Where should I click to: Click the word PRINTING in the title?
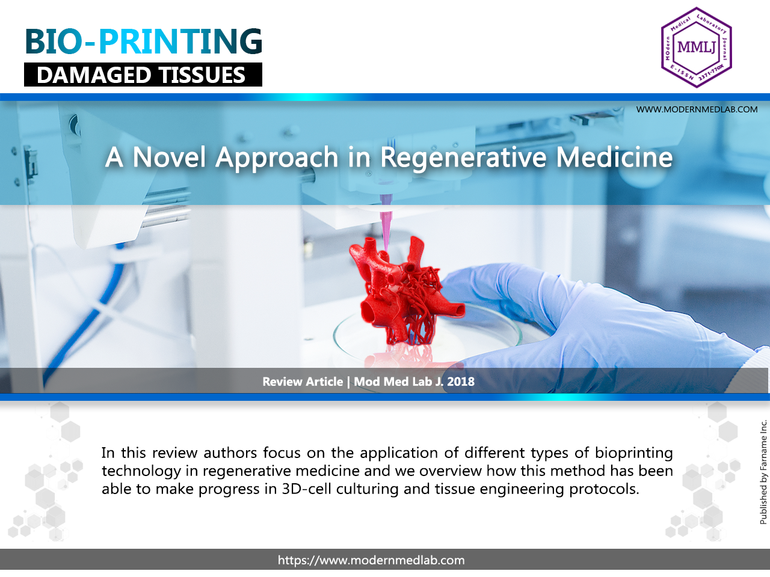[x=180, y=42]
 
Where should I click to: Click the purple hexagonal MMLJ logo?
[x=696, y=47]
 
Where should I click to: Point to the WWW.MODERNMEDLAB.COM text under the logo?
[x=697, y=109]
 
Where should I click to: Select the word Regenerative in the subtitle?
[x=463, y=157]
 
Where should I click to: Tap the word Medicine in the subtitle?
[x=614, y=157]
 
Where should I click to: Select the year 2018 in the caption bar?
[x=461, y=382]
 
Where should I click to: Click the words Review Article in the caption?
[x=303, y=382]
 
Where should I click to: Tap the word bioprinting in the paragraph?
[x=634, y=453]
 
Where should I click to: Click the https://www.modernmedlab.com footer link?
[x=371, y=560]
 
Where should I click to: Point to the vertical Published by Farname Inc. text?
[x=763, y=472]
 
